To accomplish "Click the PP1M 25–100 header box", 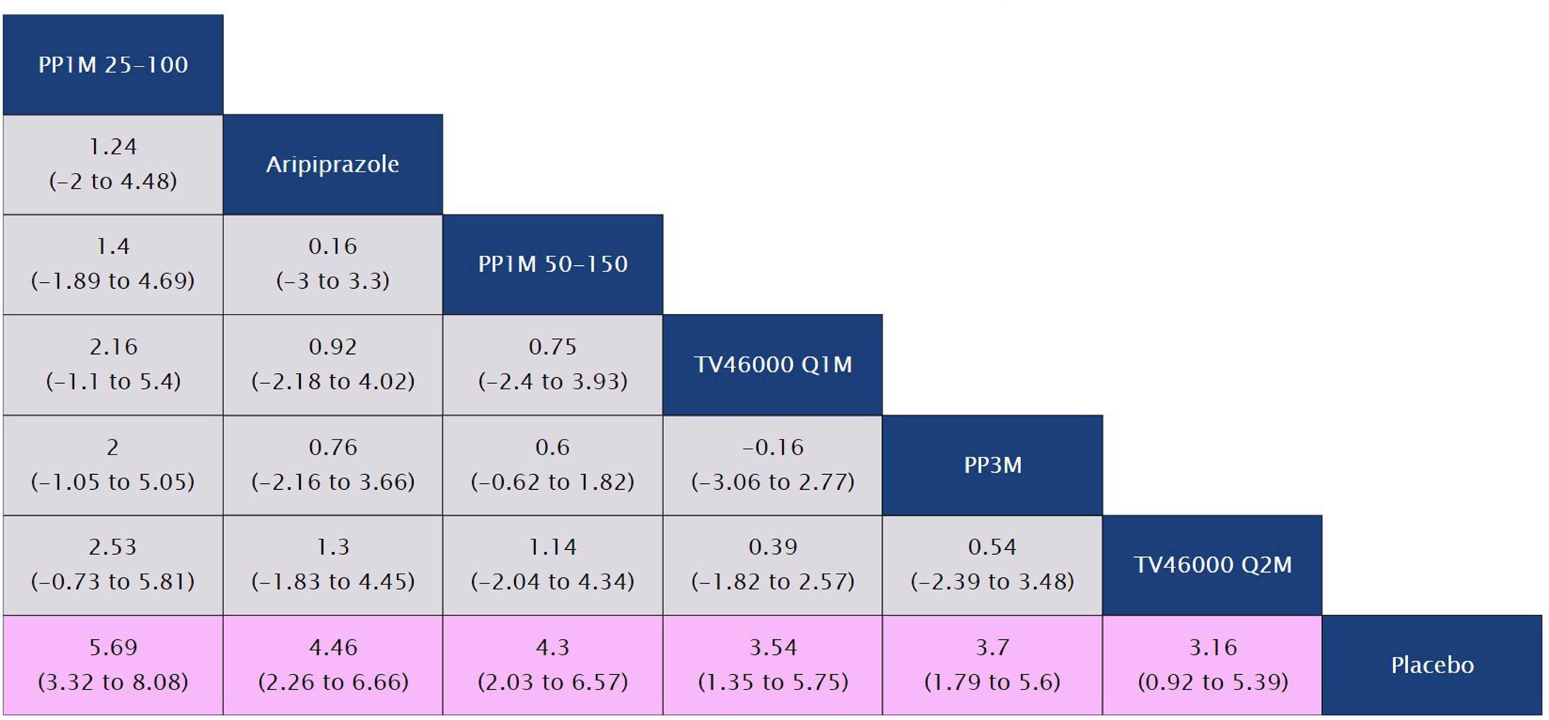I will tap(113, 64).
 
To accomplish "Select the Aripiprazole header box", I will tap(332, 164).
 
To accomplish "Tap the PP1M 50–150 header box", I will tap(552, 264).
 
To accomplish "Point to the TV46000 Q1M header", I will tap(772, 365).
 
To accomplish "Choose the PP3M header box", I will tap(992, 465).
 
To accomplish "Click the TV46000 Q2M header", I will tap(1212, 565).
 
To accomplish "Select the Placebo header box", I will tap(1432, 665).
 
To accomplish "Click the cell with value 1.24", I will tap(113, 164).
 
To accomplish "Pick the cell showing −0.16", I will tap(772, 464).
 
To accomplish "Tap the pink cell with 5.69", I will tap(113, 665).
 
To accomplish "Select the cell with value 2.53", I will tap(113, 565).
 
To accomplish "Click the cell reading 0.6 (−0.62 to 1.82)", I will tap(552, 464).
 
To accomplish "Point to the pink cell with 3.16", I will tap(1212, 665).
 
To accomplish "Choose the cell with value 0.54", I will tap(992, 565).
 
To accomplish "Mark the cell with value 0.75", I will tap(552, 365).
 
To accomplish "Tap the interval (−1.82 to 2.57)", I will tap(772, 582).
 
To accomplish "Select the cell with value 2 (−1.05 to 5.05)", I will tap(113, 464).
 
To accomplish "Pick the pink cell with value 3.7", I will tap(992, 665).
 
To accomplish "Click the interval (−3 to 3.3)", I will tap(332, 281).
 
